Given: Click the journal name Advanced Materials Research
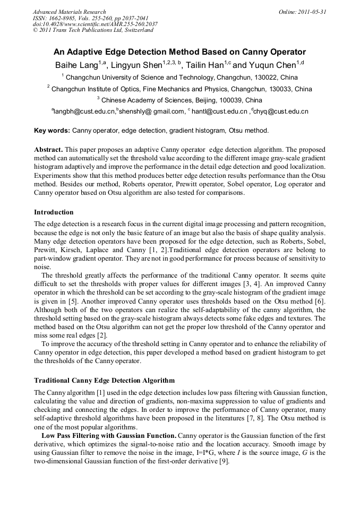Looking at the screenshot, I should [x=69, y=12].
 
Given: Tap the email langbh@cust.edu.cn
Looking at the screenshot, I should [x=84, y=111].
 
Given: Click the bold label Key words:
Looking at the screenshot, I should [x=52, y=130].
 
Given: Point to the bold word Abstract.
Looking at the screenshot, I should [x=48, y=150].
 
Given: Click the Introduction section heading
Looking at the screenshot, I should [x=54, y=212].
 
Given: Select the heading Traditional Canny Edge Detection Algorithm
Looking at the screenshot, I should [x=104, y=381].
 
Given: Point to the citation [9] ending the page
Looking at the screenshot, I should [x=225, y=461].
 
